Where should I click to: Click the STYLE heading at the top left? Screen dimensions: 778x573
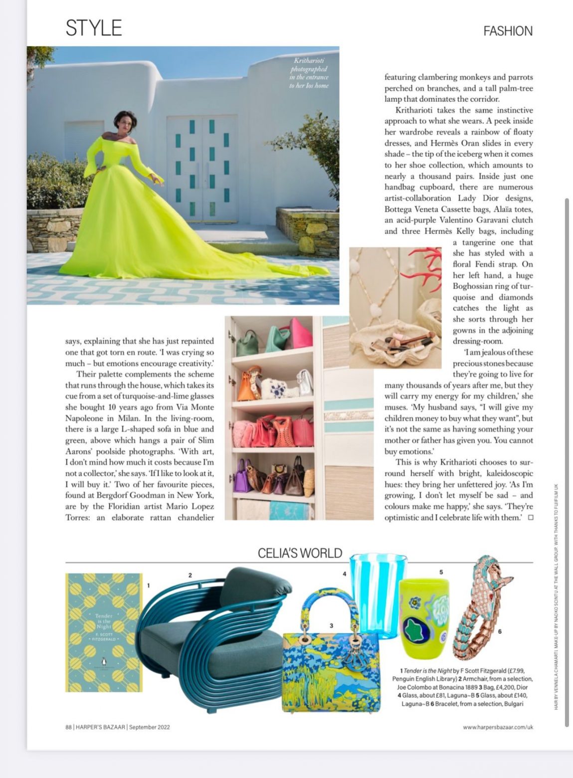point(94,28)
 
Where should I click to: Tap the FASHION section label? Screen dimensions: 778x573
point(508,31)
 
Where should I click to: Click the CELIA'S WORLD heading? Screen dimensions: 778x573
point(300,553)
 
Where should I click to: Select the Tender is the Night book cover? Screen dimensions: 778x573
point(104,632)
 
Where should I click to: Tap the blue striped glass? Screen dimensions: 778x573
point(378,593)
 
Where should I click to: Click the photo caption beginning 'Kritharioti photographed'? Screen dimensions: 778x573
point(309,73)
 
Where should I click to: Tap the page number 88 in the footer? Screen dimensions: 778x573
point(68,727)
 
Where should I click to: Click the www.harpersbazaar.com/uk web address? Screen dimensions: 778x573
point(498,727)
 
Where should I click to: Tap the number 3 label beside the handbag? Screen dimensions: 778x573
point(331,625)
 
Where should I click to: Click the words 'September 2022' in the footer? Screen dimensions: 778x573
point(149,727)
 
